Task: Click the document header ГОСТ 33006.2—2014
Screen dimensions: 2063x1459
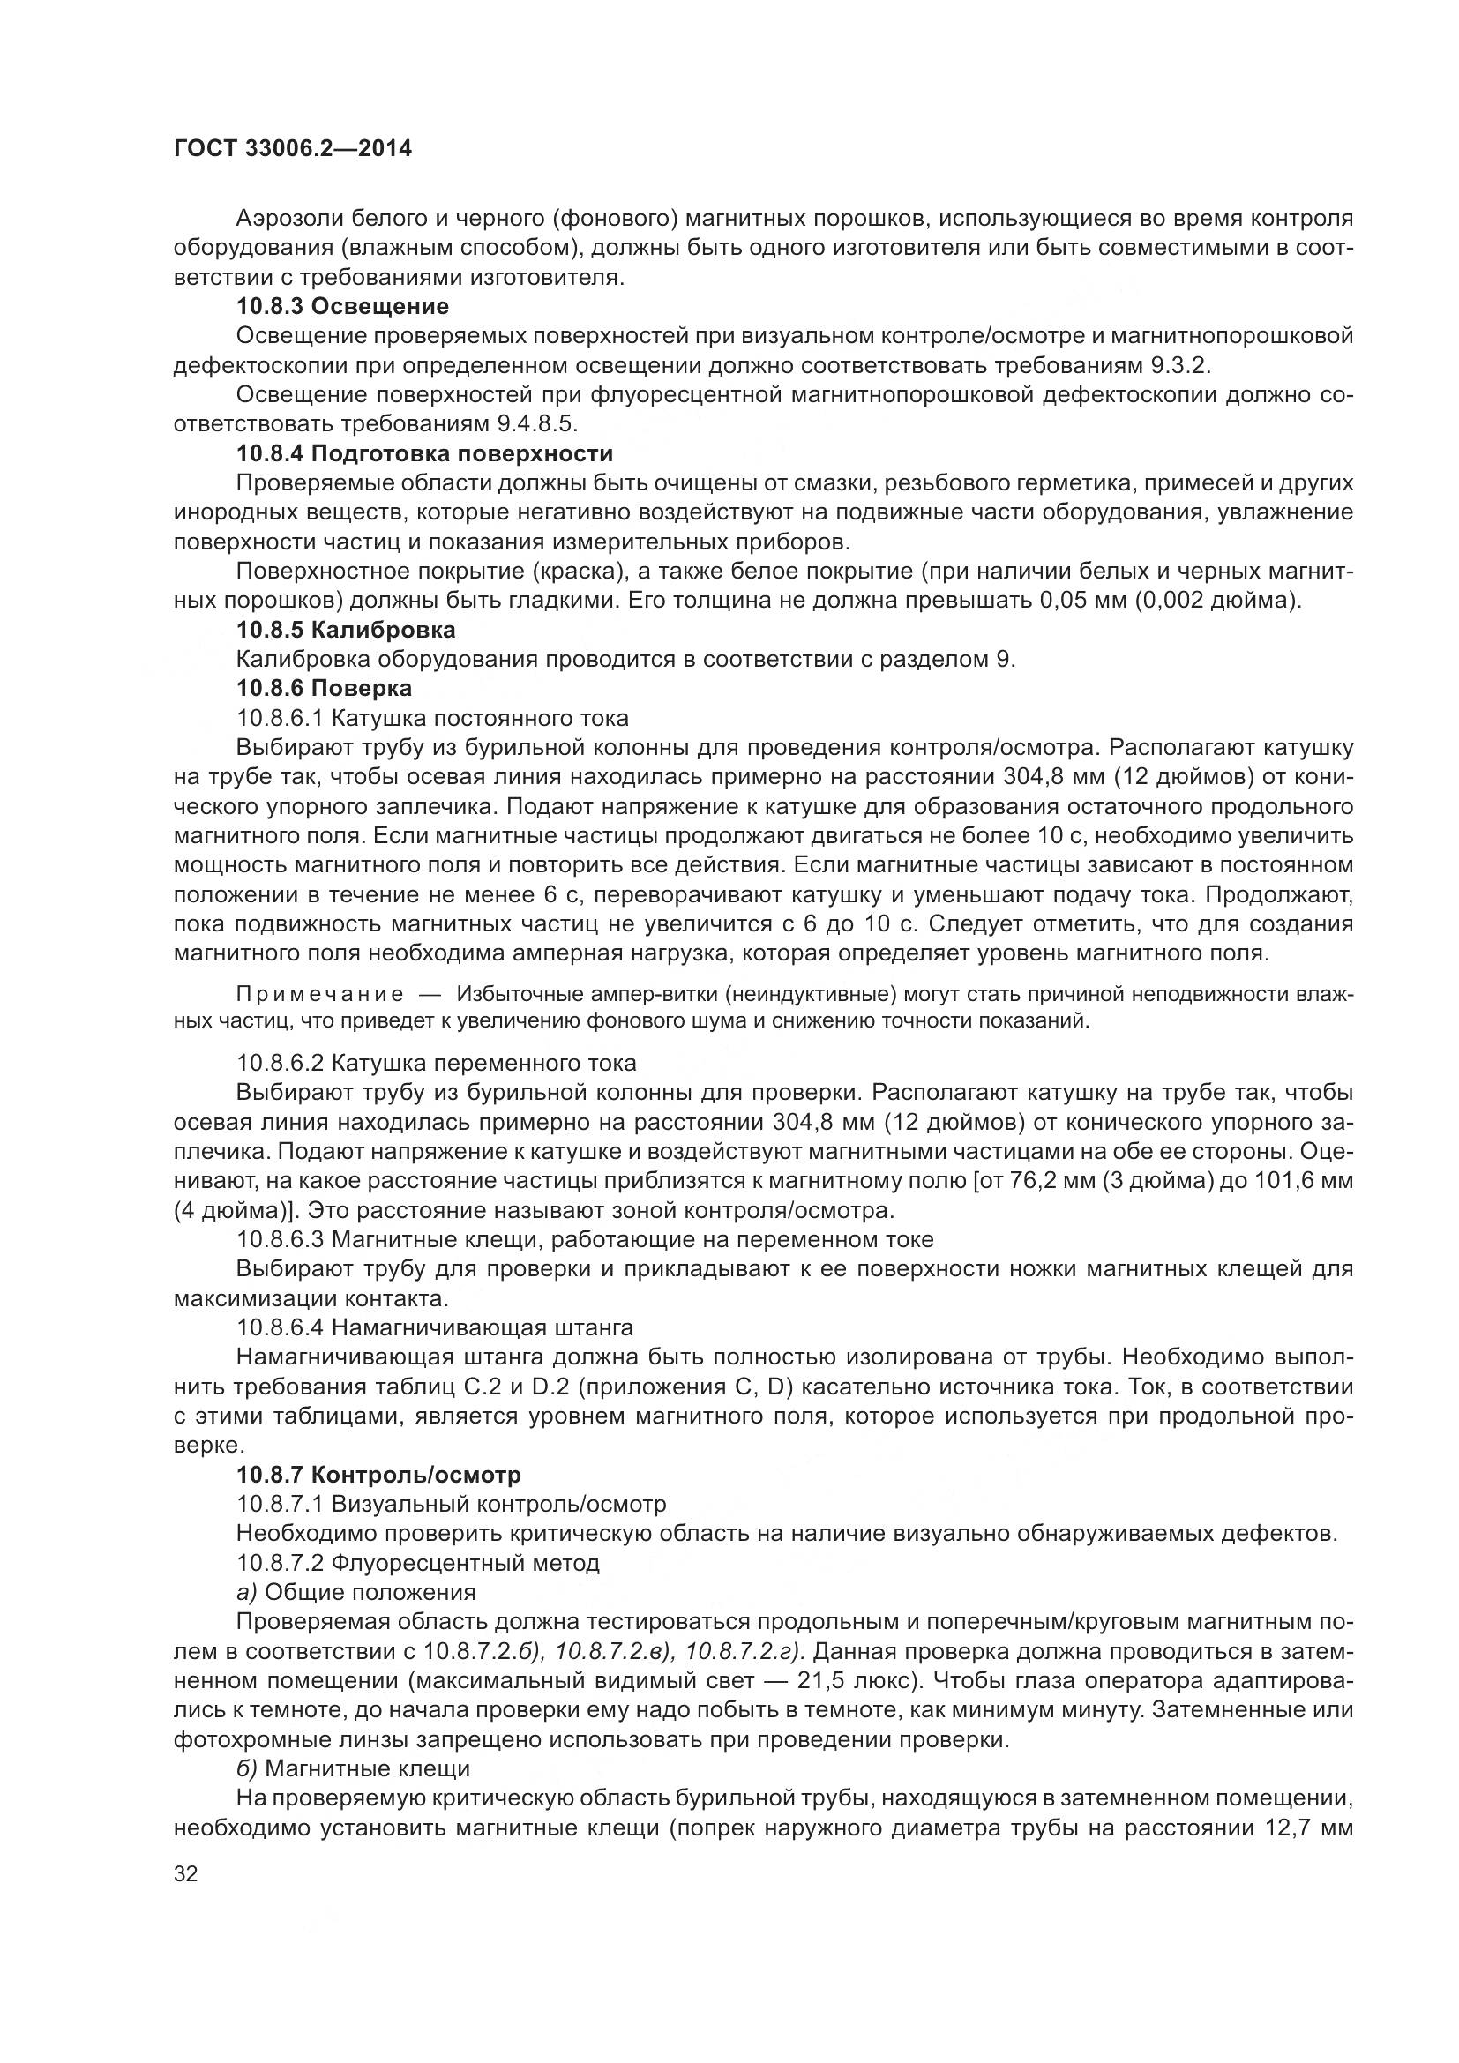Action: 293,149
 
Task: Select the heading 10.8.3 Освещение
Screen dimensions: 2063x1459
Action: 342,306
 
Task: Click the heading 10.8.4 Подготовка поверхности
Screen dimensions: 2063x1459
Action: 425,452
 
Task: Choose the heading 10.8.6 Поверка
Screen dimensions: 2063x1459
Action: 325,688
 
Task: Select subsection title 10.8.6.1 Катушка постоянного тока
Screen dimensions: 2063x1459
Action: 432,718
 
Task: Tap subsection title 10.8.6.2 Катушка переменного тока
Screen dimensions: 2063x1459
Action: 436,1063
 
